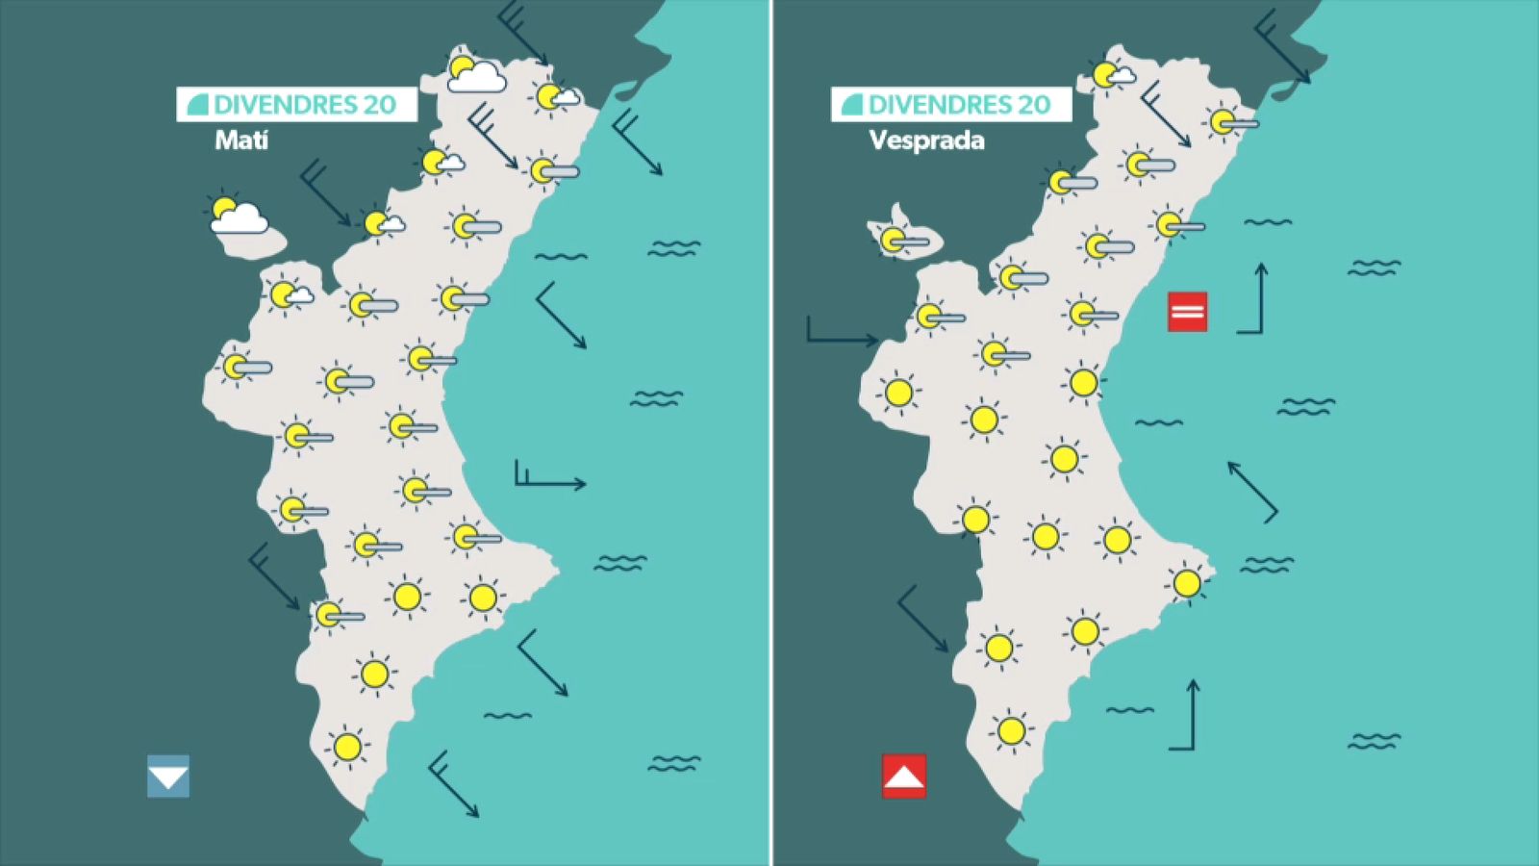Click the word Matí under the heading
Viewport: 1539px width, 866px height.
[241, 140]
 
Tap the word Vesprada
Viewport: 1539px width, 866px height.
[926, 140]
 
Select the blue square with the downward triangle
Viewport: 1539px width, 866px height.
[168, 777]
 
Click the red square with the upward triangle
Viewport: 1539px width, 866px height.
[904, 777]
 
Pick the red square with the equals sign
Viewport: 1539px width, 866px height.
[1187, 312]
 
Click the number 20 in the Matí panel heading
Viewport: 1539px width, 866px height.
[380, 105]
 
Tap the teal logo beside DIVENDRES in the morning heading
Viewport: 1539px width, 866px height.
[197, 105]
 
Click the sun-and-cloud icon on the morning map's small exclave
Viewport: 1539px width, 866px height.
[237, 216]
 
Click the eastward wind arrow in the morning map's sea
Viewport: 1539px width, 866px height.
[549, 478]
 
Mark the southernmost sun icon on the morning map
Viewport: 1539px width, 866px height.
[347, 747]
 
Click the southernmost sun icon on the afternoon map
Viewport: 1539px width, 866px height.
[1011, 731]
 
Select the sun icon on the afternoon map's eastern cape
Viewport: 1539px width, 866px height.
[1187, 583]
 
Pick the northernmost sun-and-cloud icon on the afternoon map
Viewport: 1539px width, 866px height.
[1111, 74]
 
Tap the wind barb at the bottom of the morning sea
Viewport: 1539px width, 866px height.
[452, 783]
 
